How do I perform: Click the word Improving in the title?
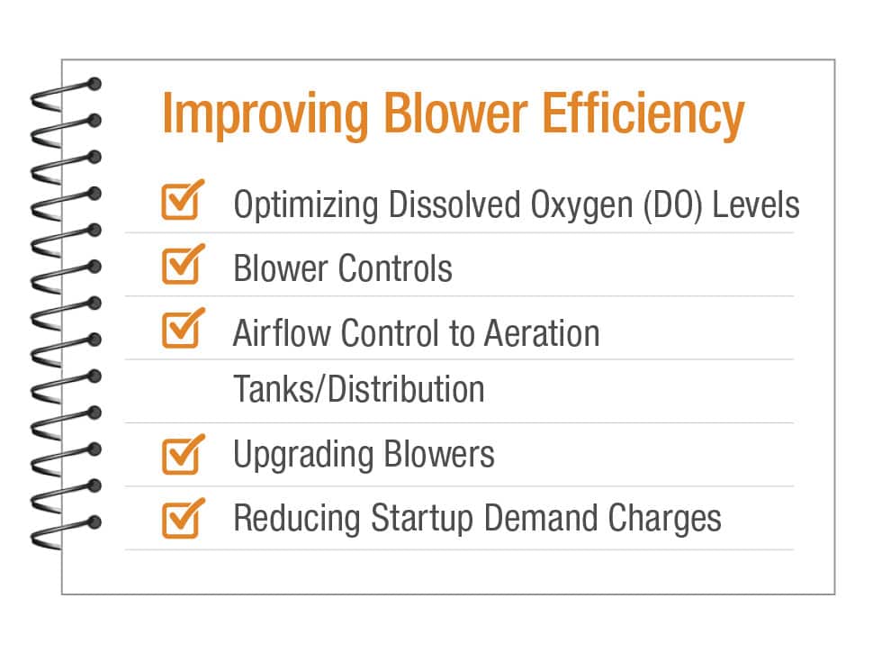pos(265,115)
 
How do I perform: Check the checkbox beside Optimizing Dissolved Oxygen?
pos(183,200)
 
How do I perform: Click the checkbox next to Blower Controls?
pos(183,264)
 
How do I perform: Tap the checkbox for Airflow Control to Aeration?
pos(183,328)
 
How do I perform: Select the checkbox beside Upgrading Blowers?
pos(183,455)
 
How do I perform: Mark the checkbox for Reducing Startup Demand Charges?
pos(183,518)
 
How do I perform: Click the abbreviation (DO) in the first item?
pos(673,205)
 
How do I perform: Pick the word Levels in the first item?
pos(756,204)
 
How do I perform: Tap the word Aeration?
pos(542,332)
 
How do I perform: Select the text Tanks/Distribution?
pos(359,389)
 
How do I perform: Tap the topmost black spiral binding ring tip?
pos(94,84)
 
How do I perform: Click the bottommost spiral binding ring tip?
pos(94,522)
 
